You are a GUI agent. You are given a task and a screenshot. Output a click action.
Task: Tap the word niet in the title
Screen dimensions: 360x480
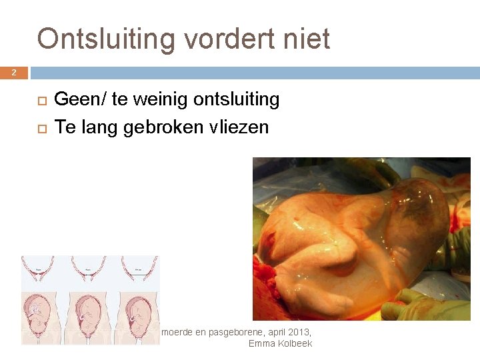pos(307,39)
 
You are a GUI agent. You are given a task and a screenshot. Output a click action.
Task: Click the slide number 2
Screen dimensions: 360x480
pos(13,73)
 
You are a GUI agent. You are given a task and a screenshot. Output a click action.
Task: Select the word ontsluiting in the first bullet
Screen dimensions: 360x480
pos(236,100)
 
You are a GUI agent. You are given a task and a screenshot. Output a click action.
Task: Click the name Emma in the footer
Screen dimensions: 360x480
pos(260,343)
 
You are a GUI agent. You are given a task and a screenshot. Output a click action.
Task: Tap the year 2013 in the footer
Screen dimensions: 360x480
pos(298,331)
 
